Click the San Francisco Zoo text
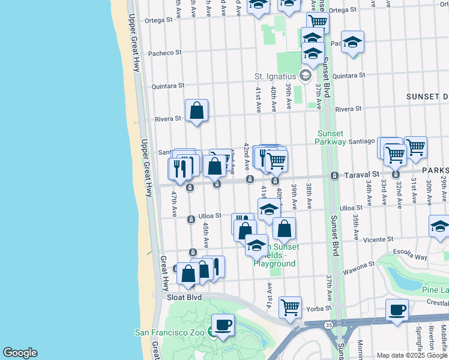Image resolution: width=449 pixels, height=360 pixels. click(170, 332)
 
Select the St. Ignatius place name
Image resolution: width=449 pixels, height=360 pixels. click(276, 76)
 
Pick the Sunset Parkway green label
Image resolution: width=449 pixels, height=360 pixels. click(331, 137)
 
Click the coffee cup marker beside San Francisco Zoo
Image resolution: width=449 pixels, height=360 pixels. click(223, 325)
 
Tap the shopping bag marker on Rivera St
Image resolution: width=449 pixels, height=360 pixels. click(197, 110)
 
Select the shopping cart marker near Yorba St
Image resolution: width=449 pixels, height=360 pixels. click(291, 307)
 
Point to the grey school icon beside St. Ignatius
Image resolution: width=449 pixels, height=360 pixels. click(305, 76)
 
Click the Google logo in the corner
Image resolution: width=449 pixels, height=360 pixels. click(20, 353)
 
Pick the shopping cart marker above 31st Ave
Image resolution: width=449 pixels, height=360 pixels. click(415, 146)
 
